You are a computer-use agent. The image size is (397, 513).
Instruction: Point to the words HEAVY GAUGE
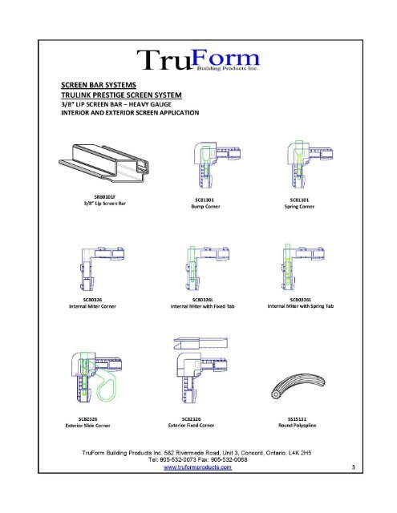coord(174,103)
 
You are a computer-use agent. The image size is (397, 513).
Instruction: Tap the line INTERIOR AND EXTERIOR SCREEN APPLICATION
coord(125,113)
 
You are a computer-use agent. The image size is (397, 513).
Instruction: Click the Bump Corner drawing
coord(206,164)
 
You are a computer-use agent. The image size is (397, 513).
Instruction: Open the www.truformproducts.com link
coord(198,468)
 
